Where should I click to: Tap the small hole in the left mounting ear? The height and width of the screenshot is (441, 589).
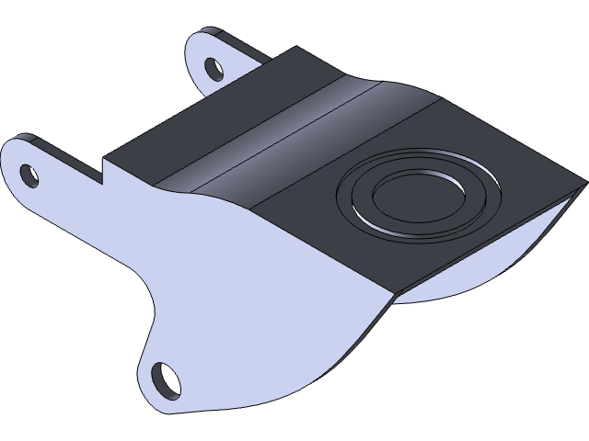coord(29,174)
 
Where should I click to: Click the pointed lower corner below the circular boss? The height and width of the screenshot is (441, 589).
coord(394,295)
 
